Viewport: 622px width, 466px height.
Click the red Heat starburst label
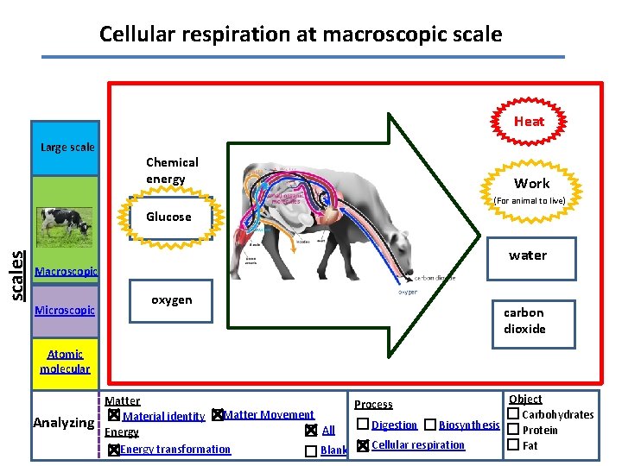click(529, 122)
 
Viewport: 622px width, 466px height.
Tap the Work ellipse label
click(531, 183)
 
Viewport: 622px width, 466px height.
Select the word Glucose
click(168, 217)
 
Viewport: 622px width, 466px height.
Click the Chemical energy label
click(172, 170)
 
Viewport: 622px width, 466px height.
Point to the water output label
click(527, 255)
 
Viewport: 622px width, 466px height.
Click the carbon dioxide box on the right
click(524, 320)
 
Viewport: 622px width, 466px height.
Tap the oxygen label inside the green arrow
click(172, 299)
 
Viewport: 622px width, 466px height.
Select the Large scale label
click(67, 147)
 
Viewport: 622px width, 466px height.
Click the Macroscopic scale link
click(66, 272)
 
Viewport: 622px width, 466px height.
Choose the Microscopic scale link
click(65, 310)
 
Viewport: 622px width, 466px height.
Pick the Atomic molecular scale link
click(65, 361)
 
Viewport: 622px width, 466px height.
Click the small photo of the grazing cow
click(65, 226)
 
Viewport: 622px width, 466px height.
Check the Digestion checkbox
click(363, 425)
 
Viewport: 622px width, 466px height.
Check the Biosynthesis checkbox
click(430, 425)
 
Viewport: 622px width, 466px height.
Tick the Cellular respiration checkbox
click(363, 445)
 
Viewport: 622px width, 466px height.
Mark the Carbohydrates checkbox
click(512, 414)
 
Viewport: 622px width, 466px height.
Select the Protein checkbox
click(512, 430)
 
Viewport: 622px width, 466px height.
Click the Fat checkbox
click(512, 445)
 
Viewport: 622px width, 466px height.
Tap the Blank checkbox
click(310, 450)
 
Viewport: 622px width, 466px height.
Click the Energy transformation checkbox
click(113, 450)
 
